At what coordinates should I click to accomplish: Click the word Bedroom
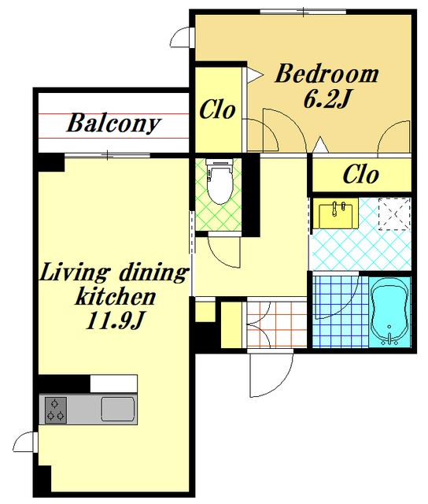(327, 74)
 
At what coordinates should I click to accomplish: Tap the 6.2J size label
(326, 99)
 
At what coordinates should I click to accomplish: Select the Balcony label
(113, 123)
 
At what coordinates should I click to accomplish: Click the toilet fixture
(220, 181)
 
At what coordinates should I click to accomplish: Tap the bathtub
(389, 312)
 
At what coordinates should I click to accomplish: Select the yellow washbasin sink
(335, 213)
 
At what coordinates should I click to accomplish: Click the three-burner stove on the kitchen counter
(56, 409)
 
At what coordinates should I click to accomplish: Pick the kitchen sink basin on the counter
(117, 409)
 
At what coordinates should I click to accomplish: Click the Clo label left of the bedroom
(217, 109)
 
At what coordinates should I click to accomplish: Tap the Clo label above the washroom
(361, 175)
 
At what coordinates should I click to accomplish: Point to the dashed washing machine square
(394, 213)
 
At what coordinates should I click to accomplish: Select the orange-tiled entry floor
(277, 324)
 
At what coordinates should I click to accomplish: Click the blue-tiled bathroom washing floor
(341, 312)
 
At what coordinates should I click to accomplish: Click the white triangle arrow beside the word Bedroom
(256, 76)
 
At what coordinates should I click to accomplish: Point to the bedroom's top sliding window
(303, 13)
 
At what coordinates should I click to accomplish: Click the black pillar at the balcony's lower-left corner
(51, 163)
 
